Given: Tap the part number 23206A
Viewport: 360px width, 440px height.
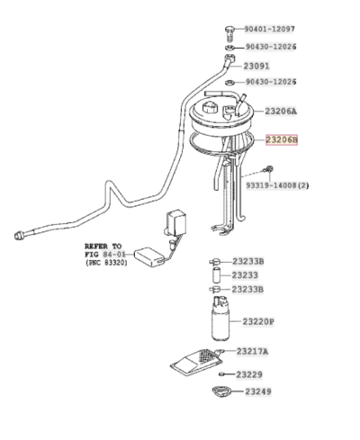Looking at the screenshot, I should point(280,112).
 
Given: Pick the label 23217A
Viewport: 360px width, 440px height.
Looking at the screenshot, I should point(256,351).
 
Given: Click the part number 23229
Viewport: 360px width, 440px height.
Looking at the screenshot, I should point(249,373).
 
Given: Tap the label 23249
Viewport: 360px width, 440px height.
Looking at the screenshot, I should point(253,392).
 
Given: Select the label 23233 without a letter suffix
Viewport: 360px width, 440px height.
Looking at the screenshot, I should point(244,275).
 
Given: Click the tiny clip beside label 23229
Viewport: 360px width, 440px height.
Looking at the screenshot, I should point(219,373).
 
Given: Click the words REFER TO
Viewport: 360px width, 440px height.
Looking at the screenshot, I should point(103,245).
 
